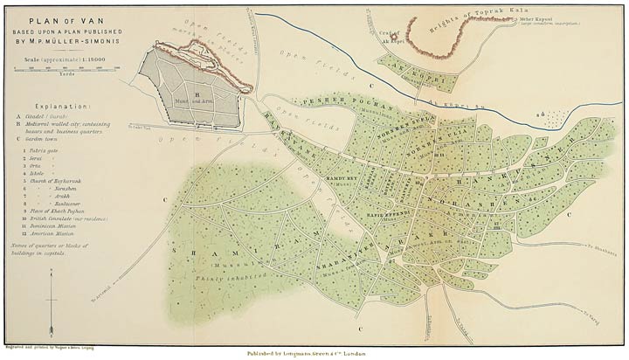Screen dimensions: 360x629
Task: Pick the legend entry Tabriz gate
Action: click(x=45, y=151)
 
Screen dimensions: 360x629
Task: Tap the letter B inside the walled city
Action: click(x=198, y=90)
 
